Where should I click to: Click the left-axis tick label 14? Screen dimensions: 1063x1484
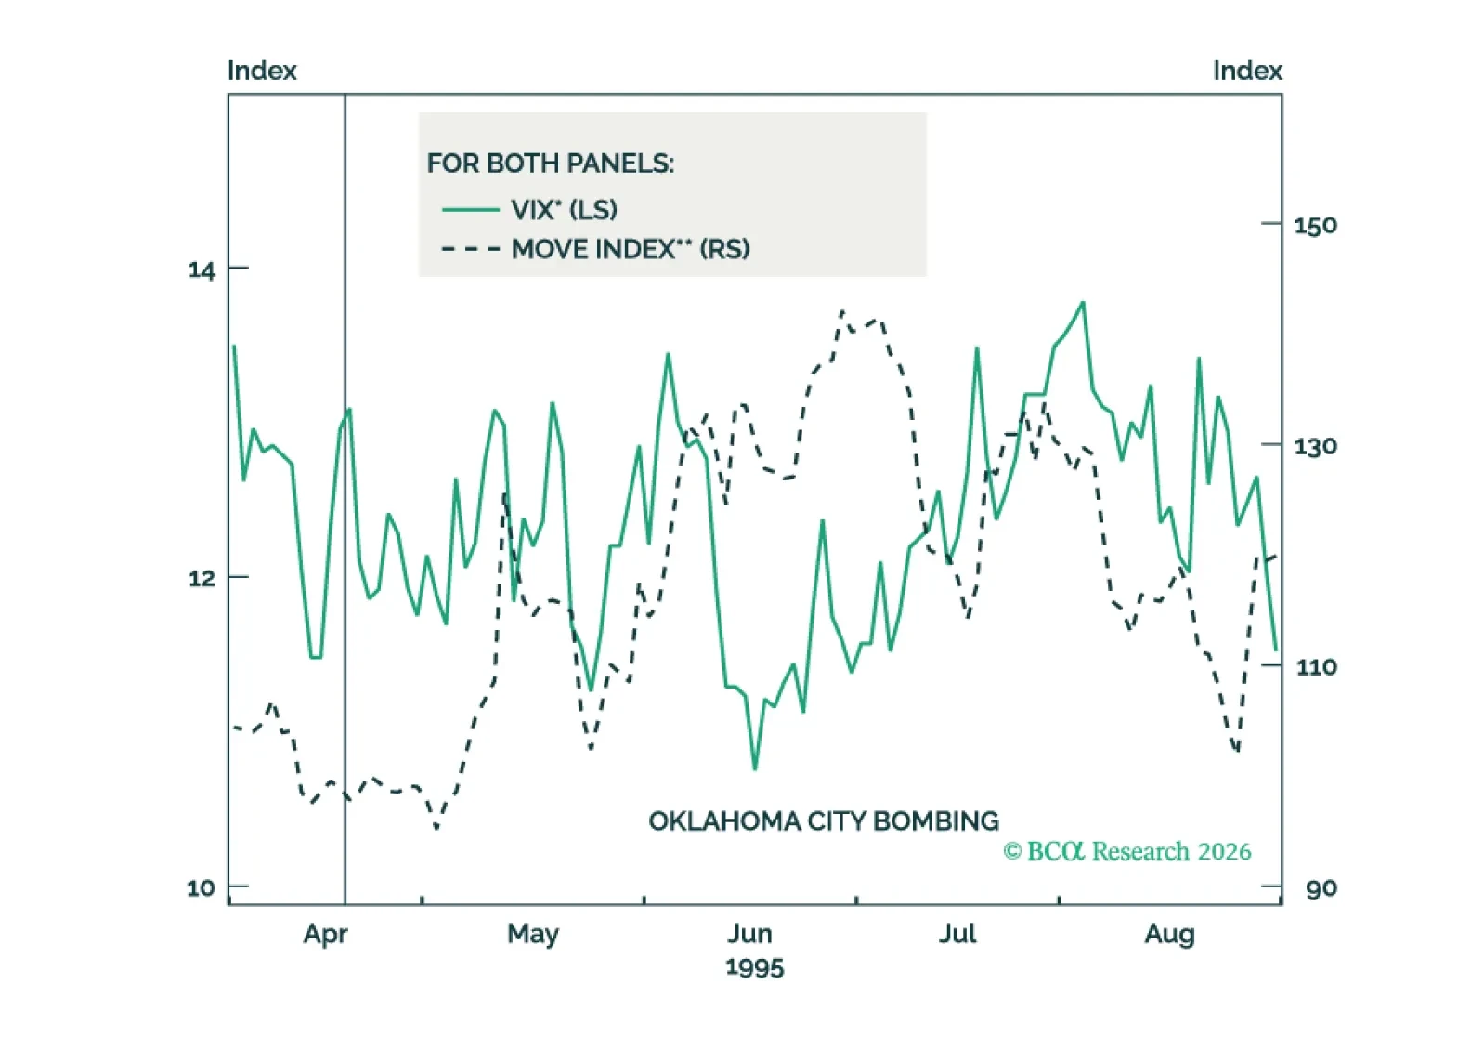point(201,270)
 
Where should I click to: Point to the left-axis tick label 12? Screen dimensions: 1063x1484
point(201,579)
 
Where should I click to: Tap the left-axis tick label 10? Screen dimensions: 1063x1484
point(201,887)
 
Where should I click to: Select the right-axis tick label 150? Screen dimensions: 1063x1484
point(1315,226)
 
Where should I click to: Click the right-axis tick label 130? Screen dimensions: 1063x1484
point(1315,447)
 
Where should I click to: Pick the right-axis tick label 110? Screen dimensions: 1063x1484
point(1315,667)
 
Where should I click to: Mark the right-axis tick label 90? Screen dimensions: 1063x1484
point(1321,888)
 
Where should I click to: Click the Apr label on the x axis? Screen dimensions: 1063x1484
point(325,933)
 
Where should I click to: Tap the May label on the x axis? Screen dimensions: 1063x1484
point(533,933)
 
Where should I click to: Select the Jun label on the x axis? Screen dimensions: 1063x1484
point(749,933)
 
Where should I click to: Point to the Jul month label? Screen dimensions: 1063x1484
point(957,933)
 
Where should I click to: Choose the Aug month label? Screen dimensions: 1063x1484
point(1169,933)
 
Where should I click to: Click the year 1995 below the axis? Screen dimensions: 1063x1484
point(754,967)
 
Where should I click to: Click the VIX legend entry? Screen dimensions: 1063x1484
point(564,210)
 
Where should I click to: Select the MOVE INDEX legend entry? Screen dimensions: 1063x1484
point(630,249)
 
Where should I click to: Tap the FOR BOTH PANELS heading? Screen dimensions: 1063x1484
point(551,164)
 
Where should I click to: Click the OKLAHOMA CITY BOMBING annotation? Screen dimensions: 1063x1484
point(823,821)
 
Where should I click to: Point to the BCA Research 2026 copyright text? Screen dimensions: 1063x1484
point(1126,851)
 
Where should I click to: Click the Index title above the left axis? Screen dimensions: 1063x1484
point(262,71)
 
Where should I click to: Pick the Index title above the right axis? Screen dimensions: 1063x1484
point(1246,71)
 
